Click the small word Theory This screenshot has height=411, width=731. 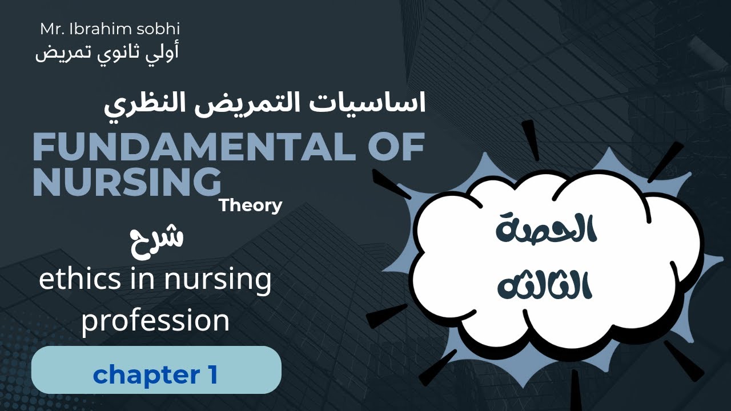250,205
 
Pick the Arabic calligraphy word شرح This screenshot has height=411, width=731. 156,237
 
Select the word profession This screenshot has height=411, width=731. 155,321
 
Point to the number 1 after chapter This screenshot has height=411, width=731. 210,375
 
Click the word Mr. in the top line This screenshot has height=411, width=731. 53,29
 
